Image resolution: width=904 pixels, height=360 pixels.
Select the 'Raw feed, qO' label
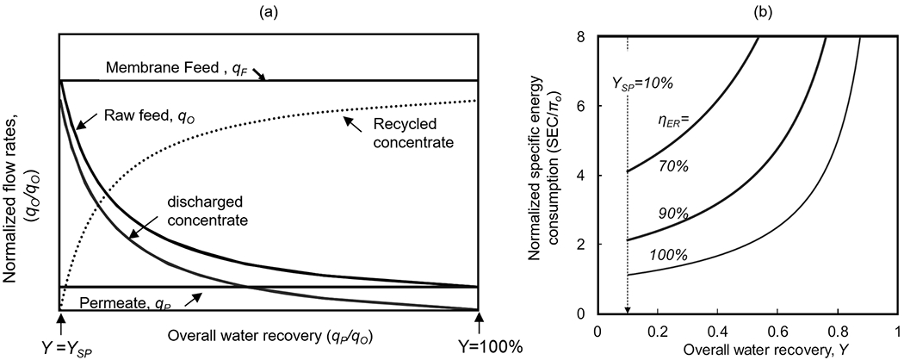[x=137, y=115]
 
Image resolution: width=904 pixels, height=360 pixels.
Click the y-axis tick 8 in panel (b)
[x=584, y=36]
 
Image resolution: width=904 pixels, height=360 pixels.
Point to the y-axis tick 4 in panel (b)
[x=584, y=175]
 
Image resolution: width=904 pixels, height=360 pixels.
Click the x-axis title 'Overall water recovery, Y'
[x=748, y=351]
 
